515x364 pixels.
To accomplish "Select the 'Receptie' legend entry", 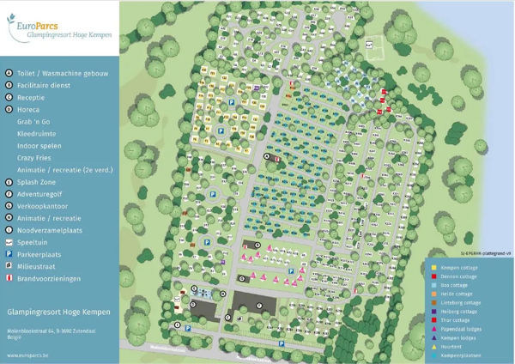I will pos(34,98).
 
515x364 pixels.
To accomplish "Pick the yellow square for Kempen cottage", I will pos(434,267).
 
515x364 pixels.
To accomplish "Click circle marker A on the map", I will pos(266,157).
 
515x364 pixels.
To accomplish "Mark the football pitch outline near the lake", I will pos(371,49).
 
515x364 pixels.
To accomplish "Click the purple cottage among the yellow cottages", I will pos(257,88).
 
